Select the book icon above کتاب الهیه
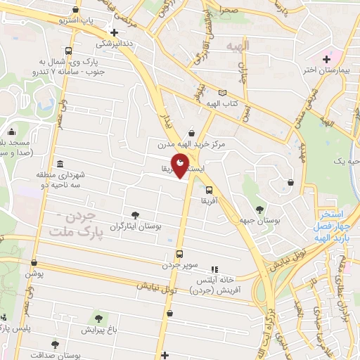tap(223, 93)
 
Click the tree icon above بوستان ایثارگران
tap(135, 216)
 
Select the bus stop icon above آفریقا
tap(209, 189)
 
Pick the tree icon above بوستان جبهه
tap(261, 209)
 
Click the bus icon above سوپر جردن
tap(179, 254)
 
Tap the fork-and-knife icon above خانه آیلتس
tap(214, 269)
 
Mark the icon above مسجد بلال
tap(12, 131)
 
